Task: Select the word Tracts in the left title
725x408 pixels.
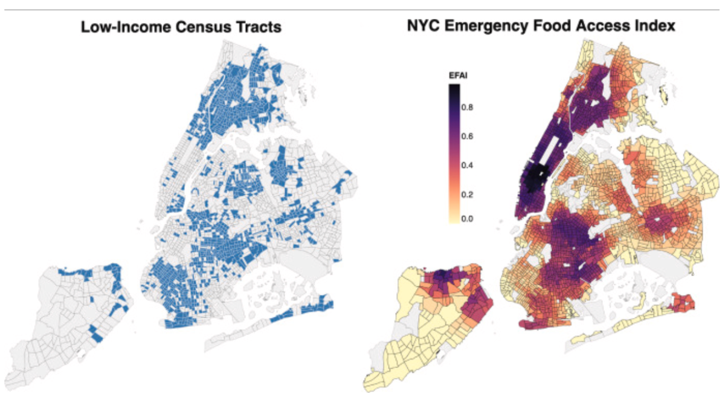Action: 259,27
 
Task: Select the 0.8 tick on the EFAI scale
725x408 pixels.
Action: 468,108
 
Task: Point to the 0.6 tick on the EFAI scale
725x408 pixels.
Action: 468,137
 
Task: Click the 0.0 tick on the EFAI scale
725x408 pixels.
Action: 468,219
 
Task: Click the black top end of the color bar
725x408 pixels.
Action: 454,88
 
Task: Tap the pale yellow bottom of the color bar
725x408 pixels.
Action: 454,219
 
